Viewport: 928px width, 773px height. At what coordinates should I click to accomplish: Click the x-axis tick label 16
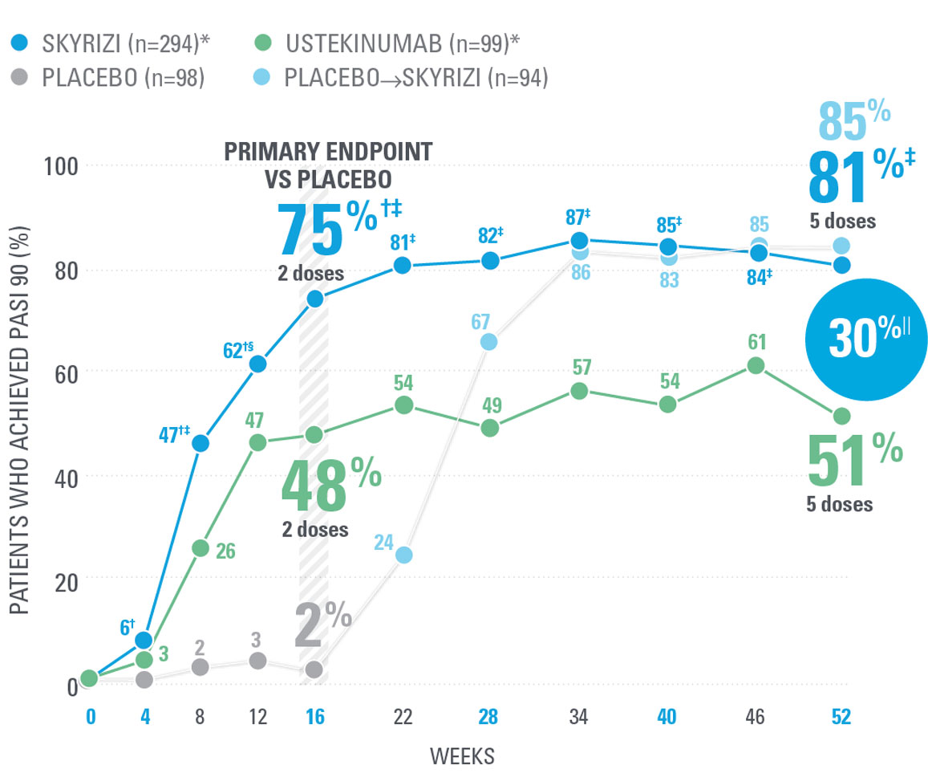[x=314, y=717]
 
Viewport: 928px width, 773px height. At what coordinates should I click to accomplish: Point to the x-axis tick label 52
[x=841, y=717]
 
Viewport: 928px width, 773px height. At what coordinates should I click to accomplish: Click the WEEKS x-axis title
[x=461, y=755]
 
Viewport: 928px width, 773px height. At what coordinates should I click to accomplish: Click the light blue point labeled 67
[x=488, y=342]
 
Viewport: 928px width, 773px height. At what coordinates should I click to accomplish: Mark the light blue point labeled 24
[x=403, y=555]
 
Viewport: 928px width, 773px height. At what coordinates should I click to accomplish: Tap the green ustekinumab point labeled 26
[x=201, y=547]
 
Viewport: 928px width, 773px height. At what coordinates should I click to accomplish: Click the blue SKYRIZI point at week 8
[x=201, y=443]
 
